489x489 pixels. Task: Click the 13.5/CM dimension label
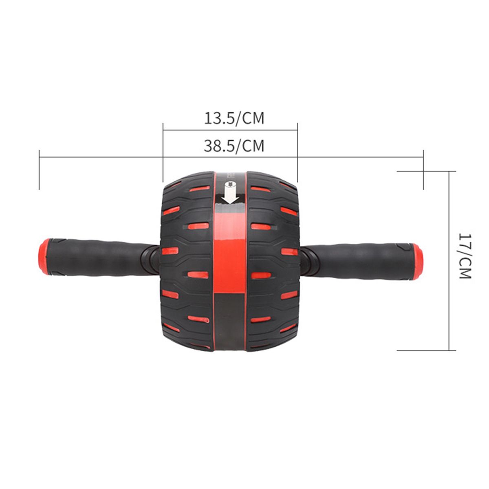click(x=234, y=118)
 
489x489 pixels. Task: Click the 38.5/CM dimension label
click(x=234, y=146)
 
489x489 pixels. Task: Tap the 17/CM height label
click(x=465, y=256)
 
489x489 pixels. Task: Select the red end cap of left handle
click(x=44, y=257)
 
